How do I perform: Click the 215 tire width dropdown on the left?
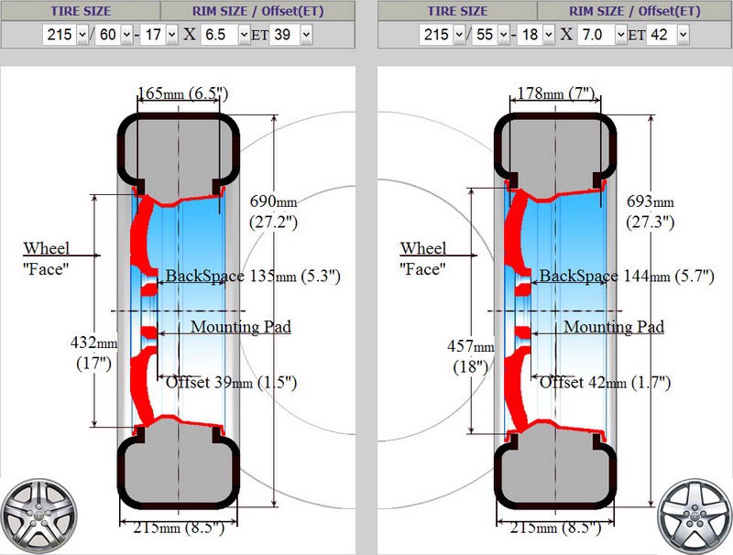pyautogui.click(x=65, y=35)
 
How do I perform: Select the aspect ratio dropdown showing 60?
pyautogui.click(x=114, y=35)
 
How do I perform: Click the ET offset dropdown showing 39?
pyautogui.click(x=291, y=35)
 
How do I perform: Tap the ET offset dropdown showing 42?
pyautogui.click(x=668, y=35)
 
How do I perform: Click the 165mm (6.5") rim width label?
pyautogui.click(x=182, y=94)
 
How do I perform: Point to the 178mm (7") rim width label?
pyautogui.click(x=555, y=94)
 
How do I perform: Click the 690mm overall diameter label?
pyautogui.click(x=273, y=212)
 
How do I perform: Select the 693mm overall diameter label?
pyautogui.click(x=651, y=212)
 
